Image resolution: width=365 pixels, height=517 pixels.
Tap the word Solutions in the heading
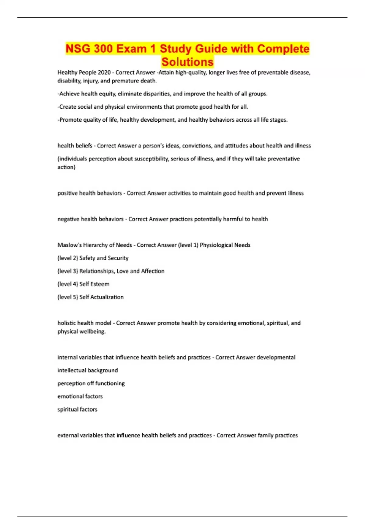[187, 62]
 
